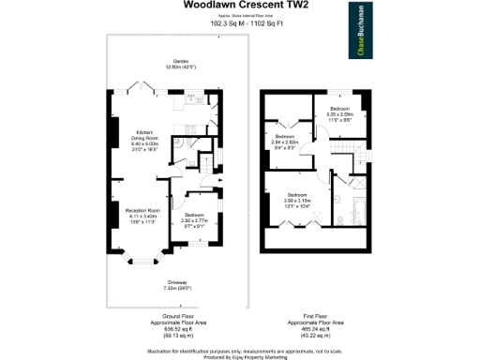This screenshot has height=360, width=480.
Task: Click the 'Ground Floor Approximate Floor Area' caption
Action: click(x=177, y=323)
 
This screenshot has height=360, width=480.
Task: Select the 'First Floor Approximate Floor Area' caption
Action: click(x=307, y=323)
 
